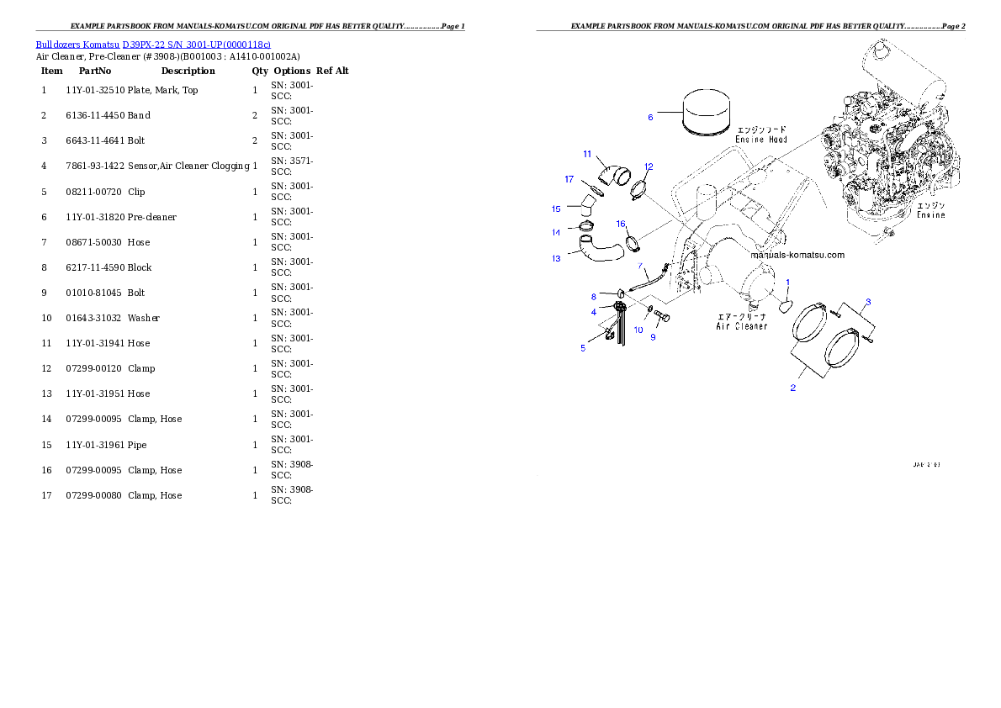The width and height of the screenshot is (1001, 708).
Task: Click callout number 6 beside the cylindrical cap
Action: (650, 118)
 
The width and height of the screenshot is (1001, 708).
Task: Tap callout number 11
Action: (587, 155)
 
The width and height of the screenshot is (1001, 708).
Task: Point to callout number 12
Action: (649, 166)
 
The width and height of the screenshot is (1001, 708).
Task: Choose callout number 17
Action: (569, 179)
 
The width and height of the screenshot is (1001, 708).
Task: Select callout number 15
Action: (556, 209)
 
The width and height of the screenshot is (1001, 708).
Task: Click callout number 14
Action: (556, 233)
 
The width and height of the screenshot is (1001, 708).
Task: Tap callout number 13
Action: (556, 259)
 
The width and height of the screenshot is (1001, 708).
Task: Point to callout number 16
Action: (621, 224)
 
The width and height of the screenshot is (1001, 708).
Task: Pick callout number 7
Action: (640, 266)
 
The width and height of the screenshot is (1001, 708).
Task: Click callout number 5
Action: (583, 348)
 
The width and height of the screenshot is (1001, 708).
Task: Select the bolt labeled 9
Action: (661, 320)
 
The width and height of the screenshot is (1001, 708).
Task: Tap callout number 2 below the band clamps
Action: (792, 388)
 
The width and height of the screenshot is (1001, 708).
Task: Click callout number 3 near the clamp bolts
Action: (868, 301)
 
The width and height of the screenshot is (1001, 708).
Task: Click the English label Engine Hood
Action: (761, 140)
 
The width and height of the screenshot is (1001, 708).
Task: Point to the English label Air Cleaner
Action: (741, 326)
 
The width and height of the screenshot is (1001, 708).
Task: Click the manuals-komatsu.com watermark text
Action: (797, 255)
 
